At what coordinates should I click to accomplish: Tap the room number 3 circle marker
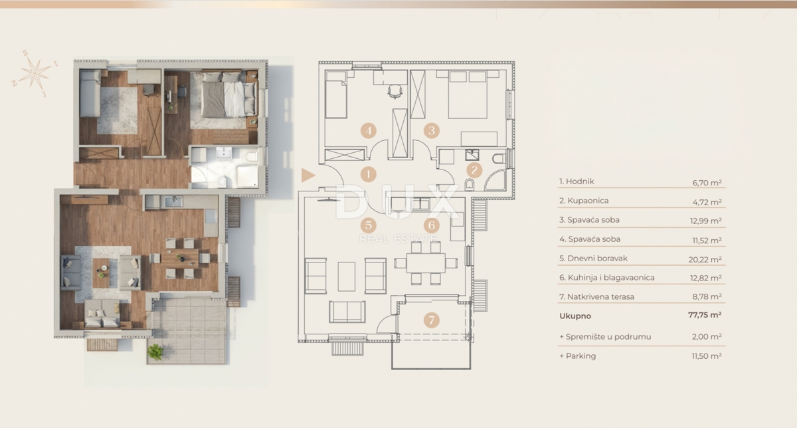pos(432,130)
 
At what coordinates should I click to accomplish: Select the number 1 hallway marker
pos(369,175)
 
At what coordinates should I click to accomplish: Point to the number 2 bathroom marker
pos(473,170)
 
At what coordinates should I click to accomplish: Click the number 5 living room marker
pos(369,225)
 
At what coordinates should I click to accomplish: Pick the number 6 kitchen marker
pos(432,225)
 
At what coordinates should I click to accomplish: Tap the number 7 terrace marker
pos(432,320)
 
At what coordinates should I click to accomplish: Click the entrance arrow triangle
pos(307,175)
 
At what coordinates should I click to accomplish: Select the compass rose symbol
pos(35,72)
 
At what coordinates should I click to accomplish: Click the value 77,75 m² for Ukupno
pos(706,317)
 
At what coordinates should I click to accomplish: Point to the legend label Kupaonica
pos(584,200)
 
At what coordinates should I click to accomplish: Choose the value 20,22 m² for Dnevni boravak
pos(707,259)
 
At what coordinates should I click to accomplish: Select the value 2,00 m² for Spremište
pos(709,337)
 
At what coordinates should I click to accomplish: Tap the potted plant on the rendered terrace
pos(155,352)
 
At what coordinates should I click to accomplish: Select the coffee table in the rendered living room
pos(102,271)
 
